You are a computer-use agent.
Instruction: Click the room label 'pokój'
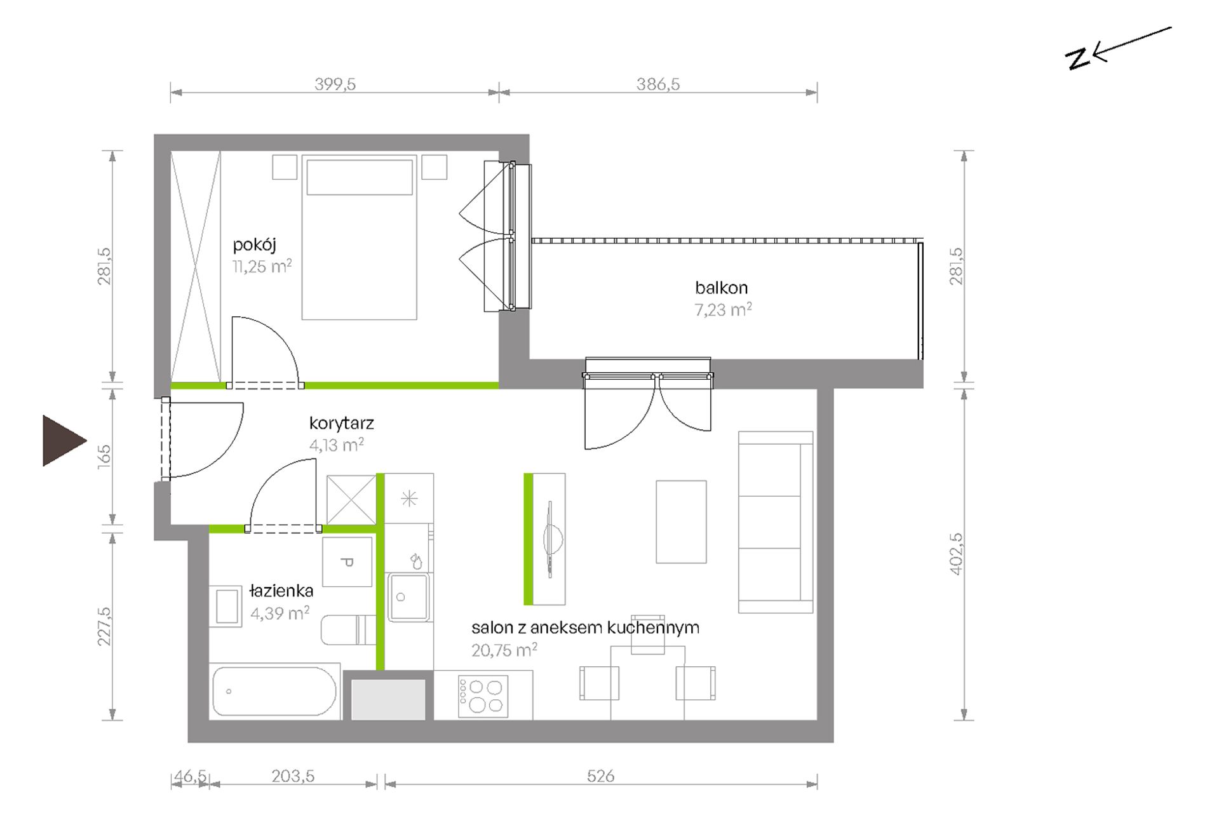(254, 245)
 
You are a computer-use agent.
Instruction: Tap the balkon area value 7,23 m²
(723, 310)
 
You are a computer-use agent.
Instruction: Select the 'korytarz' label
(341, 424)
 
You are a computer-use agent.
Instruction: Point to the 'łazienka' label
(281, 591)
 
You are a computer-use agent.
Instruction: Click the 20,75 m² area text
(504, 650)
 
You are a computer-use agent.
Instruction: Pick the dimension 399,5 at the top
(335, 84)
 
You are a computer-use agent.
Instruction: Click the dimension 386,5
(658, 84)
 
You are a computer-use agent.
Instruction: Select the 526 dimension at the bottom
(600, 775)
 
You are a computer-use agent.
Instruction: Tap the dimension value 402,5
(957, 554)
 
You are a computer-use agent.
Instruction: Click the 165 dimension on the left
(104, 457)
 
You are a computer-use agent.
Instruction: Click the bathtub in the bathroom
(274, 692)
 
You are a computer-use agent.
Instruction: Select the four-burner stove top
(483, 695)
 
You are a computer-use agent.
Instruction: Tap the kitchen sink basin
(408, 597)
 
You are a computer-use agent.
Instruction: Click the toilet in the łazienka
(348, 630)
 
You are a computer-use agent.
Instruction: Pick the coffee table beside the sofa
(681, 521)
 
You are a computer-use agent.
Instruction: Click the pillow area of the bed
(360, 177)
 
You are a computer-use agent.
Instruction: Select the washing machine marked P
(347, 562)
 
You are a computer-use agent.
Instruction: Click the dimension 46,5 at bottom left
(190, 775)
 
